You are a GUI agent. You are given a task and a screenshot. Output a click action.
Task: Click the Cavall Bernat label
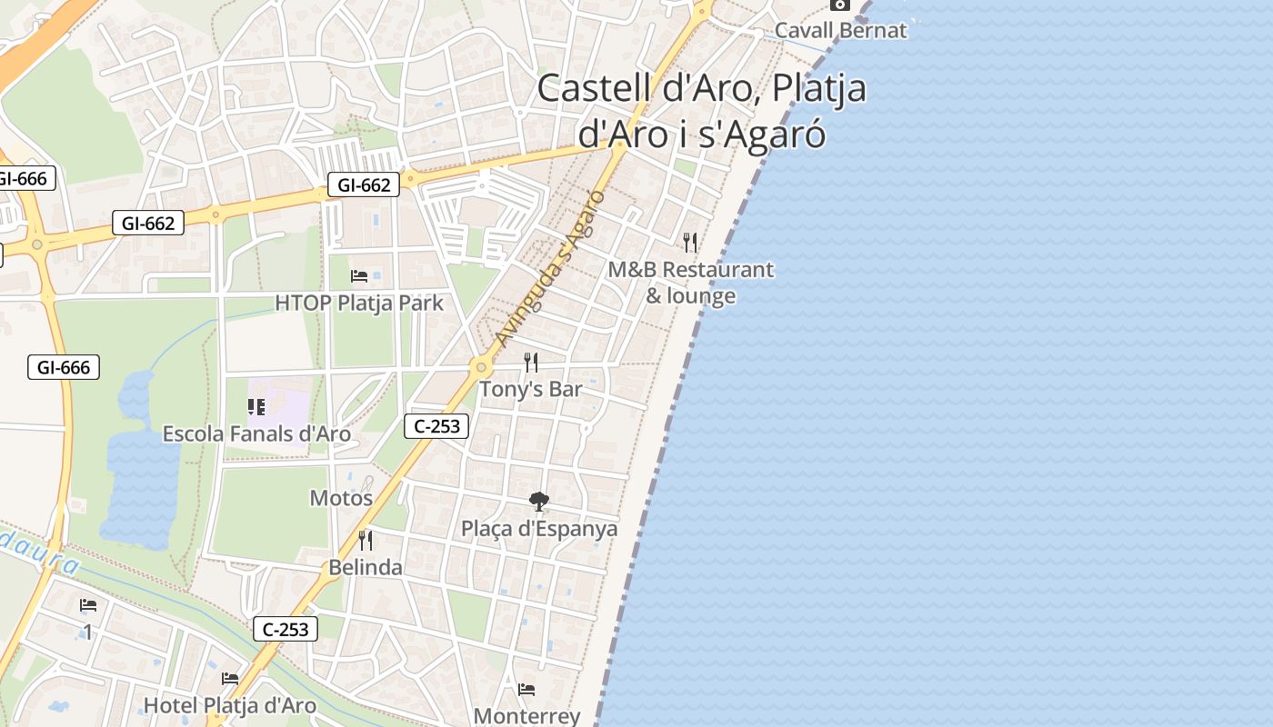840,30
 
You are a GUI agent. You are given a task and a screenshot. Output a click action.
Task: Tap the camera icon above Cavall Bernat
839,5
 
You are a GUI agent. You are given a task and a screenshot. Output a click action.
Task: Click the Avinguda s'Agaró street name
550,268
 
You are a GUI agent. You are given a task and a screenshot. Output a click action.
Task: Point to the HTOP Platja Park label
359,303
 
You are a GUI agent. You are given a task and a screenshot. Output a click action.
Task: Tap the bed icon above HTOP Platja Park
359,276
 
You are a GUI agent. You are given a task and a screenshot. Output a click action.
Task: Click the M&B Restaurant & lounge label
691,283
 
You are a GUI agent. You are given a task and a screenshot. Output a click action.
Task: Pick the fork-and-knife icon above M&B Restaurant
690,242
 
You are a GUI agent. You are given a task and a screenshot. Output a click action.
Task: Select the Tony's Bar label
530,389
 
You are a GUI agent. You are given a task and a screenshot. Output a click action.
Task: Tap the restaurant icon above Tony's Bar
531,363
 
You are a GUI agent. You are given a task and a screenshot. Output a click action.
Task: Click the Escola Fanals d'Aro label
256,433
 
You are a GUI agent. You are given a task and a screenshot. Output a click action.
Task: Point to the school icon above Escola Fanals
256,407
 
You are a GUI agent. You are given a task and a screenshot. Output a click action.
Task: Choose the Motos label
341,498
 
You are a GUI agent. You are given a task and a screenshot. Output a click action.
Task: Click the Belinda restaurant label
366,567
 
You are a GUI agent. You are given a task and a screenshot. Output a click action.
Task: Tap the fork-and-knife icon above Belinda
366,541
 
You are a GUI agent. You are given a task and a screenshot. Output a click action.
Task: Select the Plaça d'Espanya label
539,528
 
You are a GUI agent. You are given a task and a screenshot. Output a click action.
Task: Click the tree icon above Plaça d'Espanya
539,501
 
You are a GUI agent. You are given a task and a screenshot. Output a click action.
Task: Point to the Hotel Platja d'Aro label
230,705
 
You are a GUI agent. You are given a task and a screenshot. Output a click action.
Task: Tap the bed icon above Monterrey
526,690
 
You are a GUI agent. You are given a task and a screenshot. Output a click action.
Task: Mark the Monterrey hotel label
526,716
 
